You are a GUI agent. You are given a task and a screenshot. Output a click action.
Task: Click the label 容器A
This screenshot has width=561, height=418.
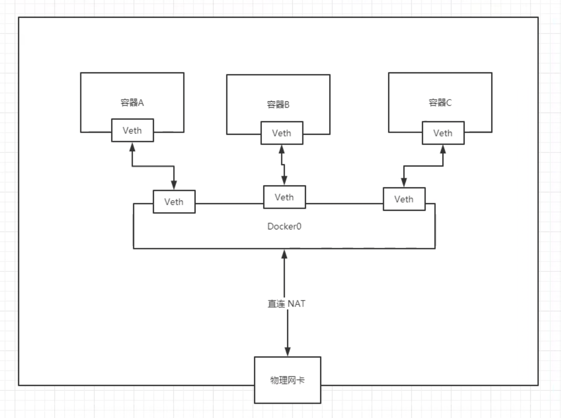pyautogui.click(x=132, y=103)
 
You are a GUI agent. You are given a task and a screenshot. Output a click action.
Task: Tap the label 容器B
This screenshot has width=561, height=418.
pyautogui.click(x=278, y=105)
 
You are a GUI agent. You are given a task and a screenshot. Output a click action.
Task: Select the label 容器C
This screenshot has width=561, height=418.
pyautogui.click(x=440, y=103)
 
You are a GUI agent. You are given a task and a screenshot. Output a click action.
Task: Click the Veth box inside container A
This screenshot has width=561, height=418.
pyautogui.click(x=133, y=130)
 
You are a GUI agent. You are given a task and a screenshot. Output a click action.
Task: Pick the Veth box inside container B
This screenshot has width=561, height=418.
pyautogui.click(x=281, y=133)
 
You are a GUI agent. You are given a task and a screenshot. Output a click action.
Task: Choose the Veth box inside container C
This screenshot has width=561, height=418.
pyautogui.click(x=443, y=133)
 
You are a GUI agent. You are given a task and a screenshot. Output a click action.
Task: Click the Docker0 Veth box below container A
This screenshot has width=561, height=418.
pyautogui.click(x=174, y=201)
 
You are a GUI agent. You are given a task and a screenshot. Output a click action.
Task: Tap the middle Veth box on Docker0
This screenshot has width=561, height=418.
pyautogui.click(x=284, y=197)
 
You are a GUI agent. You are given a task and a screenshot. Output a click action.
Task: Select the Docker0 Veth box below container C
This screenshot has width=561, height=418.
pyautogui.click(x=404, y=199)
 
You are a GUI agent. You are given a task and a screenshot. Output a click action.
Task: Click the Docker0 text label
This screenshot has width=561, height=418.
pyautogui.click(x=284, y=226)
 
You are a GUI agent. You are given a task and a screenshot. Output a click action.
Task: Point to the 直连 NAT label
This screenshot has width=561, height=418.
pyautogui.click(x=286, y=304)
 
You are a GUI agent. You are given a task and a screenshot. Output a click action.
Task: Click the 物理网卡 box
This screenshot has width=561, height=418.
pyautogui.click(x=287, y=380)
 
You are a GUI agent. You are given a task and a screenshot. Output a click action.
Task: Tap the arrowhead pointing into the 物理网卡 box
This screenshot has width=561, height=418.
pyautogui.click(x=287, y=352)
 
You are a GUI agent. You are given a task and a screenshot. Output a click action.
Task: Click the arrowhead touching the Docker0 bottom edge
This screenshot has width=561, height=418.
pyautogui.click(x=284, y=253)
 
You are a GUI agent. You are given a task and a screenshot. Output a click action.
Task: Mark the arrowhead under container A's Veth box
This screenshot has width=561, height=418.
pyautogui.click(x=132, y=147)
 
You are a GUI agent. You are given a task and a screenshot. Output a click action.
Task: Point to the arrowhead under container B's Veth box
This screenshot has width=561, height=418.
pyautogui.click(x=281, y=149)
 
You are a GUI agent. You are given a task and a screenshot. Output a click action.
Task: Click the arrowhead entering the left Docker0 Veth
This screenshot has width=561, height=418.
pyautogui.click(x=174, y=185)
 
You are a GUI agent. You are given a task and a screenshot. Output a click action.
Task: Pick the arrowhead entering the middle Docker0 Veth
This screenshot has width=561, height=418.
pyautogui.click(x=284, y=180)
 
